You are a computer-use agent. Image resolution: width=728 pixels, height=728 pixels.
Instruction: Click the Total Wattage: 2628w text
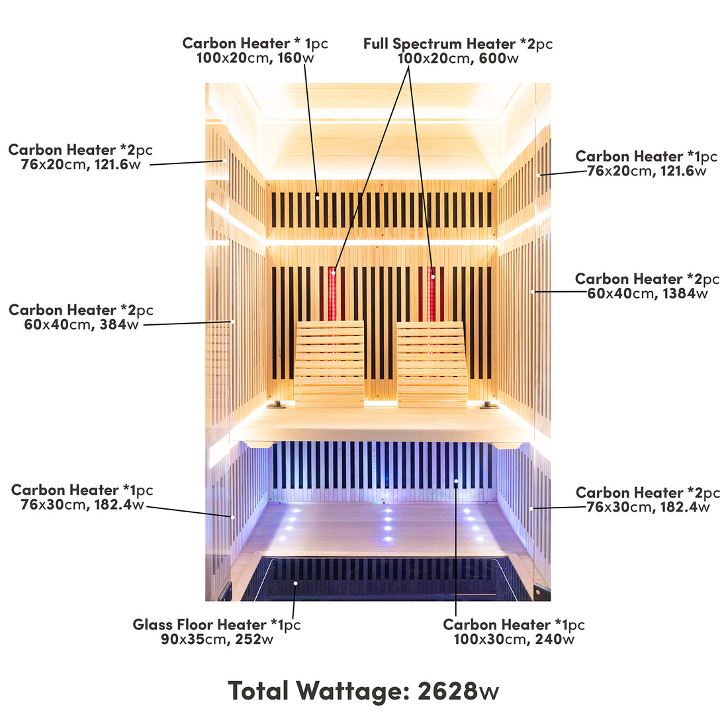363,691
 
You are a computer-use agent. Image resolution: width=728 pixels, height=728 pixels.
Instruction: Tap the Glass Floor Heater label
216,632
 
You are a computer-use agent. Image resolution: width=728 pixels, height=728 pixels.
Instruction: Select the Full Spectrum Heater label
458,51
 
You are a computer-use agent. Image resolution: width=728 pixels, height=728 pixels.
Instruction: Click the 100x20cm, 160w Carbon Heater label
255,50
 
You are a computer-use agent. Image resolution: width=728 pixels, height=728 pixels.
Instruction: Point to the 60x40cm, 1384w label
647,286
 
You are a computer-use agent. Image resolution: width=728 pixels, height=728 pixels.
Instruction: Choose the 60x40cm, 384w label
81,317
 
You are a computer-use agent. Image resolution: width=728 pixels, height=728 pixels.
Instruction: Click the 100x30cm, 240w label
514,632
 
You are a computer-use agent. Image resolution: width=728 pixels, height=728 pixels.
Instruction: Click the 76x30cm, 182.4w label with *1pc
82,497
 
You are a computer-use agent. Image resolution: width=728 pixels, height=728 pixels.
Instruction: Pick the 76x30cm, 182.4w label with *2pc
647,500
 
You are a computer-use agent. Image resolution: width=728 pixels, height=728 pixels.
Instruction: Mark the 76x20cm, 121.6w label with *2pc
80,157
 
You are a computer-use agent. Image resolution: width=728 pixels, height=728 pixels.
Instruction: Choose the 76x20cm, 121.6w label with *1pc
647,163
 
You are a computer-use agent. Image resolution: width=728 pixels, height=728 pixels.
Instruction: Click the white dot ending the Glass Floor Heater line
295,583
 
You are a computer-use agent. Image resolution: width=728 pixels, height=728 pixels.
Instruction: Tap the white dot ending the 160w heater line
318,197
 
